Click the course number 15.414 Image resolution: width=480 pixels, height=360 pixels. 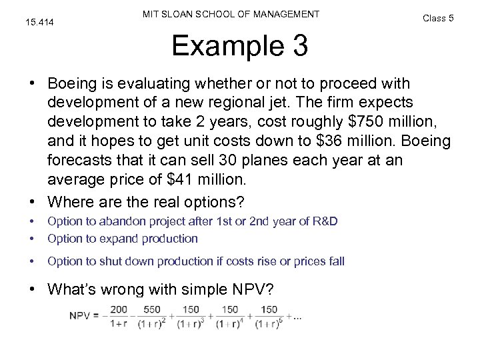[x=40, y=24]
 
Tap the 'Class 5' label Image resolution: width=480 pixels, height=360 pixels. [x=438, y=18]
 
